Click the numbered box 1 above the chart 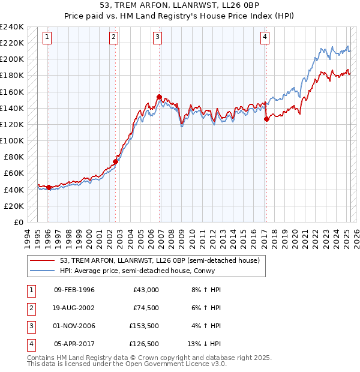coord(47,37)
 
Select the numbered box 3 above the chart coord(157,37)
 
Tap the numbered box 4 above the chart coord(265,37)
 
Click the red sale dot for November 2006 coord(159,97)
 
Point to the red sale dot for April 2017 coord(266,119)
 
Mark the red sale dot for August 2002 coord(116,161)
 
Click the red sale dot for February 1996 coord(49,187)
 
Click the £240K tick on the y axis coord(12,27)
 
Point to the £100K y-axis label coord(12,140)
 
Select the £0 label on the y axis coord(18,222)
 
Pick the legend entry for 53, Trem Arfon coord(159,260)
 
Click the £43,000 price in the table coord(146,290)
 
